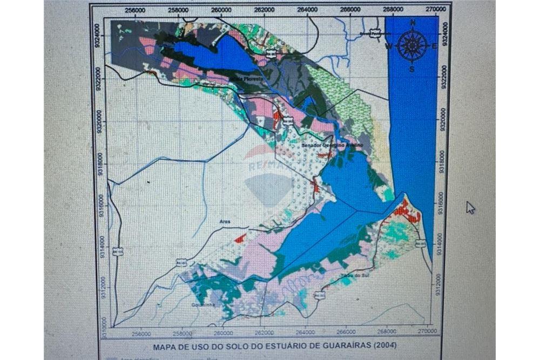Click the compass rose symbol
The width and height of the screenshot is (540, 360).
click(412, 45)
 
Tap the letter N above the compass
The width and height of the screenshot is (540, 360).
click(413, 23)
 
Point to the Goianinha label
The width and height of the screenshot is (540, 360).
click(203, 305)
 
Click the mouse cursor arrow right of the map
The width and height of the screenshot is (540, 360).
click(470, 207)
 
